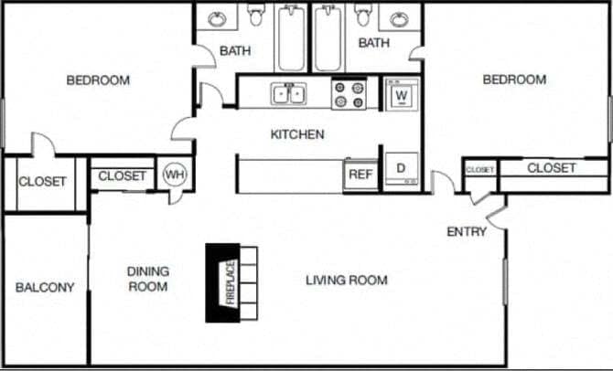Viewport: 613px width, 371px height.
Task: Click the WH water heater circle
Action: pos(174,175)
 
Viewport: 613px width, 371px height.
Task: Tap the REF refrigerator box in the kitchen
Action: pos(360,174)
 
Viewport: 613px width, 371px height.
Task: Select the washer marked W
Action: pos(400,93)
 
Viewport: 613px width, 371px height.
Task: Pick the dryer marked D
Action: pos(400,169)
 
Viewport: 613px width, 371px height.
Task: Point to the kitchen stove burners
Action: pos(348,94)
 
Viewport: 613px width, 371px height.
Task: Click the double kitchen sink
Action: pos(289,94)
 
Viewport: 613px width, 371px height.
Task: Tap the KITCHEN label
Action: pos(296,134)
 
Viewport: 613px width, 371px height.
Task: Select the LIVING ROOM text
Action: pos(346,280)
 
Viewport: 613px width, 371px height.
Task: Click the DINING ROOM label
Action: pos(147,279)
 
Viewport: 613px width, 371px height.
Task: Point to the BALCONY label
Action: pos(45,287)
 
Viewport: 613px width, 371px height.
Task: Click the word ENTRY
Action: pos(466,232)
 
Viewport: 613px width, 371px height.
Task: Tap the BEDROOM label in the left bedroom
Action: pos(98,80)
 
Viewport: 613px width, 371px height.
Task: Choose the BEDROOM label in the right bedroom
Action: pos(514,80)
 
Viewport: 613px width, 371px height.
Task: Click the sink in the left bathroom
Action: pos(217,18)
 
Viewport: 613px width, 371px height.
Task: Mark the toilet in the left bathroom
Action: pos(255,14)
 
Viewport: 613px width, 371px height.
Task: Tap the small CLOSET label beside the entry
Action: pos(480,170)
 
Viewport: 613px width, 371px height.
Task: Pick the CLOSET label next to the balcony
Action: pos(43,181)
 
